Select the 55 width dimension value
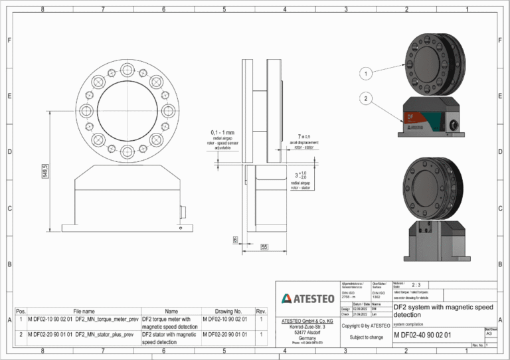[264, 246]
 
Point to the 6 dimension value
[235, 238]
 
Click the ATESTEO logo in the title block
[307, 298]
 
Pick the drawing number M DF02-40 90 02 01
[422, 335]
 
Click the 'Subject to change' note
[366, 337]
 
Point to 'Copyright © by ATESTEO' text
[366, 325]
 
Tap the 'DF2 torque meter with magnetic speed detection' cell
[170, 323]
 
